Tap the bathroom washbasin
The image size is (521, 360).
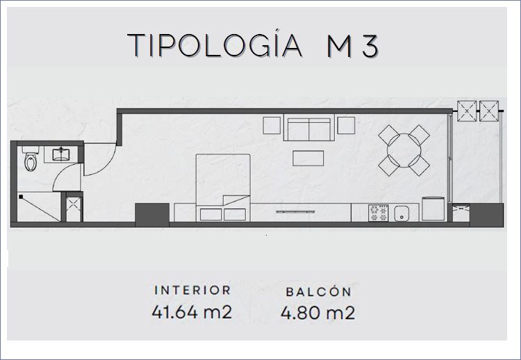(61, 154)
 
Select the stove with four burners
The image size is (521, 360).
(379, 213)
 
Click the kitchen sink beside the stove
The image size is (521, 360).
(402, 213)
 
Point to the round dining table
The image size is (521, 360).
(404, 150)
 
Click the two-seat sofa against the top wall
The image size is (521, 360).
(309, 128)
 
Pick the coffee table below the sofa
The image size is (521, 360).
(308, 158)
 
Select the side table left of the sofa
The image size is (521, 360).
(272, 125)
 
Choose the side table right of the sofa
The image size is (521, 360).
(346, 125)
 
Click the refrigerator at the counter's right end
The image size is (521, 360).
(433, 208)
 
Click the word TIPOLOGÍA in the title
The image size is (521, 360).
(215, 46)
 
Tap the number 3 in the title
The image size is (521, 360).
(370, 46)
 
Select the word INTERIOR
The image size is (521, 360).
(192, 290)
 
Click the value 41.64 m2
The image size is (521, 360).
(192, 312)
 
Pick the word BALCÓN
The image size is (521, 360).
(318, 292)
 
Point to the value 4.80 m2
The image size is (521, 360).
(317, 313)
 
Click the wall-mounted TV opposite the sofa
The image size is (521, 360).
(295, 212)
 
